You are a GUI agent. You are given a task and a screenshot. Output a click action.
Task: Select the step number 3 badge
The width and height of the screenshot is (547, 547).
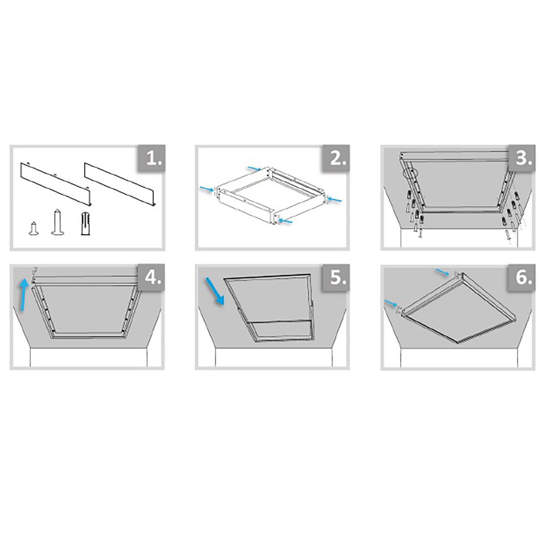[522, 159]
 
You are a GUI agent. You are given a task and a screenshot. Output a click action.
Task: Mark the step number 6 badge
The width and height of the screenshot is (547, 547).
[522, 278]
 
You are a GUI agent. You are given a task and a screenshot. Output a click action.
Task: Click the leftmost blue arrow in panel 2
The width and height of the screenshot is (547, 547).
[207, 189]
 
